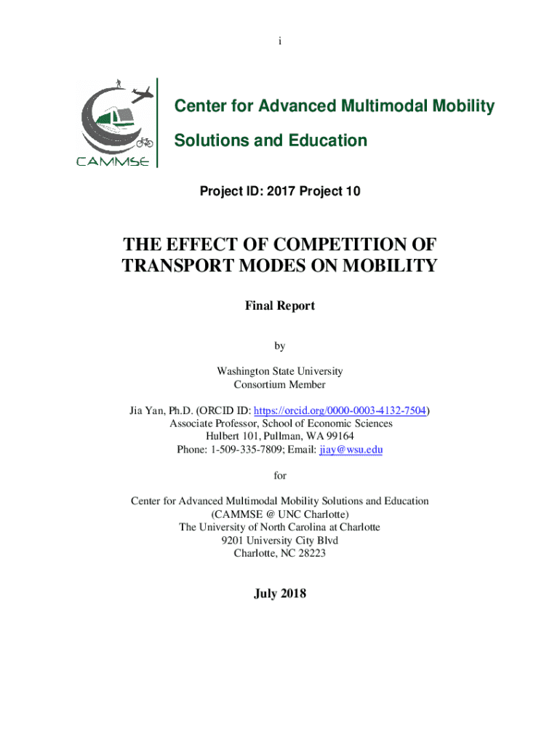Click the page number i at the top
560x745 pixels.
pos(279,41)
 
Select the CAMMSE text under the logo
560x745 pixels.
pos(113,161)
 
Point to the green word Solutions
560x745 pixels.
pos(209,140)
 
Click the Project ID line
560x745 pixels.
pos(280,191)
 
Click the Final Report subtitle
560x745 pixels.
pos(280,306)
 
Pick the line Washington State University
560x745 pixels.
pos(280,371)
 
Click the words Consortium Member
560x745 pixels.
pos(280,384)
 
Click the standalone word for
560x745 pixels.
pos(280,475)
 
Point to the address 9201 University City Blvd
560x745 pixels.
pos(280,541)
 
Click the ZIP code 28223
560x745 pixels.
pos(309,554)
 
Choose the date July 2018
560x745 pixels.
pos(280,594)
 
